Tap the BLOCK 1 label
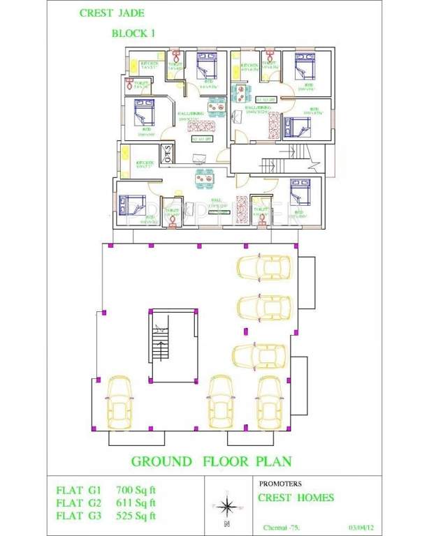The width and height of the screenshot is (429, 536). coord(133,33)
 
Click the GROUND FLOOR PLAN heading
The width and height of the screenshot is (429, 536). coord(211,461)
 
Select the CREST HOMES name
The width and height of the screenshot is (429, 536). coord(296,498)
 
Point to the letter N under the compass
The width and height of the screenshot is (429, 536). coord(226,523)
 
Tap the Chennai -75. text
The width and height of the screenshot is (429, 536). coord(280,527)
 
